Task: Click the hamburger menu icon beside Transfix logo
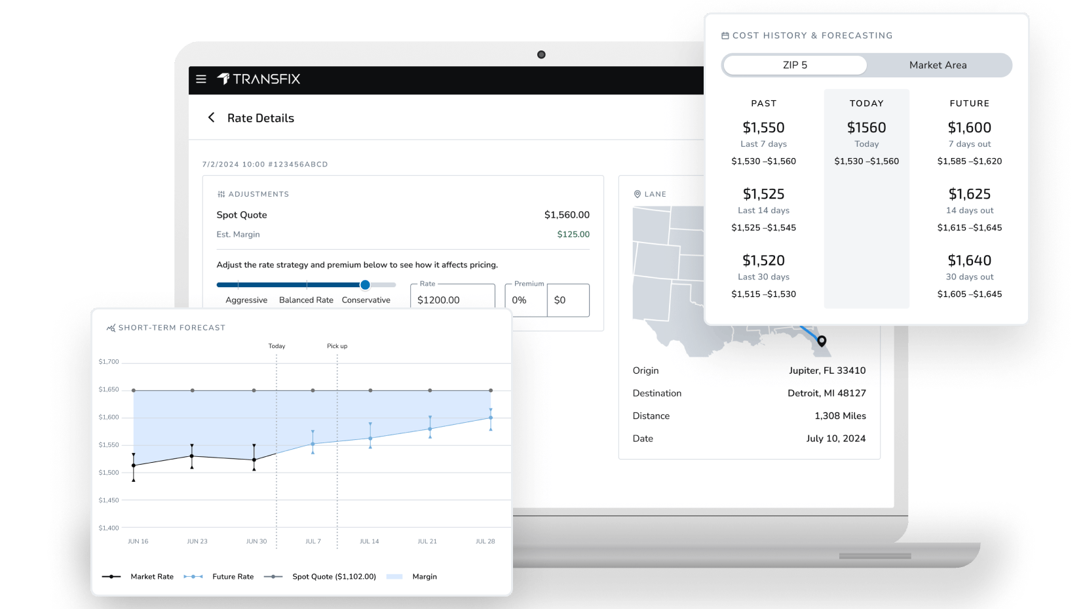point(201,79)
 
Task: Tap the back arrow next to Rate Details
point(211,117)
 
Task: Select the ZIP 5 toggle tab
point(795,65)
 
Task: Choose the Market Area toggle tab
point(938,65)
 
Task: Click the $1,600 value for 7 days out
point(969,127)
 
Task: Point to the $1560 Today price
point(866,127)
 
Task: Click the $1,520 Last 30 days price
point(763,260)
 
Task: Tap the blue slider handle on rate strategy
point(365,285)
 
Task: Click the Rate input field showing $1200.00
point(452,300)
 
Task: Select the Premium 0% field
point(525,300)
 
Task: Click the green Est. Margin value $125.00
point(573,234)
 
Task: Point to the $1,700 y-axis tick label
point(109,362)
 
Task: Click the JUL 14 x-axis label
point(369,541)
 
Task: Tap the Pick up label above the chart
point(337,346)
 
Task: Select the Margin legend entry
point(424,577)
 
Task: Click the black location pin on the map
point(822,340)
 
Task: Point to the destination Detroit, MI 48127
point(826,393)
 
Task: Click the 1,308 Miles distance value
point(840,416)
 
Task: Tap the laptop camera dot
point(541,54)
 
